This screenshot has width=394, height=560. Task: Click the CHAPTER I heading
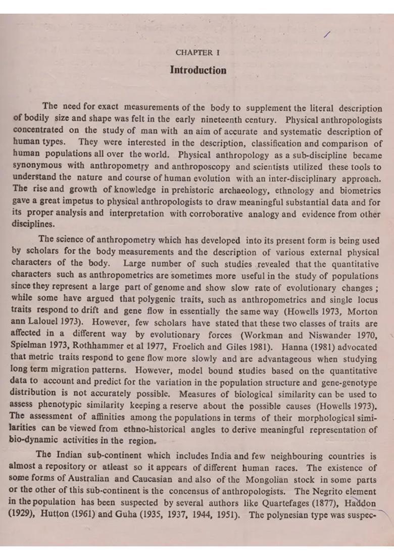pos(198,53)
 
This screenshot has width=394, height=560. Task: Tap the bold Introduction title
pos(198,70)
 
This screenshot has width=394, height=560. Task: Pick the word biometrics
pos(360,191)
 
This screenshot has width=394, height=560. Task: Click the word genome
pos(167,288)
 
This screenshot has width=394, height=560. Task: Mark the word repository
pos(68,468)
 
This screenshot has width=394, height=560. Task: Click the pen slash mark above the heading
pos(327,34)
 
